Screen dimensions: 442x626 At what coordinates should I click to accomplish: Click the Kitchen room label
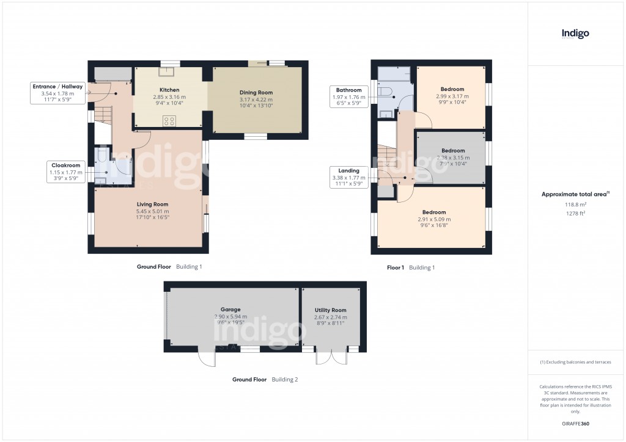point(169,90)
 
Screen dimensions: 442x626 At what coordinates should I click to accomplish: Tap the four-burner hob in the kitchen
point(169,120)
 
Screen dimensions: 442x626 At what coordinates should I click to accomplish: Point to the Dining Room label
point(256,92)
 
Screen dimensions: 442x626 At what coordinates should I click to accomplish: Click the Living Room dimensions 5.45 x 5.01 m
point(152,211)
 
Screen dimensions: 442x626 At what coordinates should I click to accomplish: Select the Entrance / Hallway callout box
point(57,93)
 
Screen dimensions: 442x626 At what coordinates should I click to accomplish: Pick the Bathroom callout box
point(348,96)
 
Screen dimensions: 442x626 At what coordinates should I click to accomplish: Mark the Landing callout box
point(348,177)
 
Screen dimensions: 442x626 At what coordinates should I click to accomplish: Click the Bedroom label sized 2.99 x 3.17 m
point(452,89)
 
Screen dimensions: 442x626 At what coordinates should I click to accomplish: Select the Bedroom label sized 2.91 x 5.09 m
point(434,212)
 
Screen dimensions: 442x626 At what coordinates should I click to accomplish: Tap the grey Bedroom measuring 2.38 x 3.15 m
point(452,157)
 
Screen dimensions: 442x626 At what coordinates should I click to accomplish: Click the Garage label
point(230,310)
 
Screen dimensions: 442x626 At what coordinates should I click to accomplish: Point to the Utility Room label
point(330,310)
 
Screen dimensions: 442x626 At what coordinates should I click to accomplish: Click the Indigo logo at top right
point(575,34)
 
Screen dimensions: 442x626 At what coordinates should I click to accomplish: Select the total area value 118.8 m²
point(575,206)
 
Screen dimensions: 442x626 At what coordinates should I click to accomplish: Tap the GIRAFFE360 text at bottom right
point(575,423)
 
